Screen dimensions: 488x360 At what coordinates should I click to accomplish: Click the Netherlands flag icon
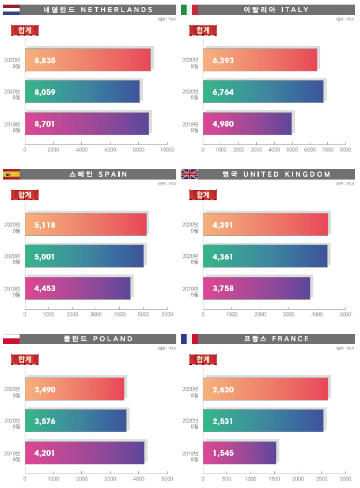coord(12,9)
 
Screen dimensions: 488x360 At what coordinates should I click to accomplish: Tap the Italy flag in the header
coord(190,9)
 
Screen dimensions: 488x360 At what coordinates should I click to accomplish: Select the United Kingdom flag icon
coord(190,174)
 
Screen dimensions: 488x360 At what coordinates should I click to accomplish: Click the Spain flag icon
coord(12,174)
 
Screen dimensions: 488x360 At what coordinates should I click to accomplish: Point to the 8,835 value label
coord(45,60)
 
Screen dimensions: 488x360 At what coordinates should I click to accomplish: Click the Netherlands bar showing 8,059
coord(82,91)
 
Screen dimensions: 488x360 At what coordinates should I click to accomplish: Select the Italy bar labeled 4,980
coord(248,123)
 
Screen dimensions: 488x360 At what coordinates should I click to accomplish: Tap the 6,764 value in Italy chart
coord(223,91)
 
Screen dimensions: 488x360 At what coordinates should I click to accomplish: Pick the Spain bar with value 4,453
coord(78,288)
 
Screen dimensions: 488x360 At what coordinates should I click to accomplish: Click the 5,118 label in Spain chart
coord(45,225)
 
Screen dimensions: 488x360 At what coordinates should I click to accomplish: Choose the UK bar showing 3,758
coord(256,288)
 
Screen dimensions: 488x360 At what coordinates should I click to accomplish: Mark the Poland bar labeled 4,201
coord(85,452)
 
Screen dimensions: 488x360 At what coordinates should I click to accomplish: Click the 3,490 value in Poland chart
coord(45,390)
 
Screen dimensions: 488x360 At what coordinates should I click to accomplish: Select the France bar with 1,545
coord(240,452)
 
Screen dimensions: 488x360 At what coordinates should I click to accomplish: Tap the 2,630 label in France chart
coord(223,390)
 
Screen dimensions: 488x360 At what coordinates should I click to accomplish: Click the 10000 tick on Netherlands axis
coord(167,150)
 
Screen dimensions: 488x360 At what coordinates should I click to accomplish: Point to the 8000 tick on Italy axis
coord(345,150)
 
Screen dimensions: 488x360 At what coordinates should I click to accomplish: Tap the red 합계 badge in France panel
coord(203,360)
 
